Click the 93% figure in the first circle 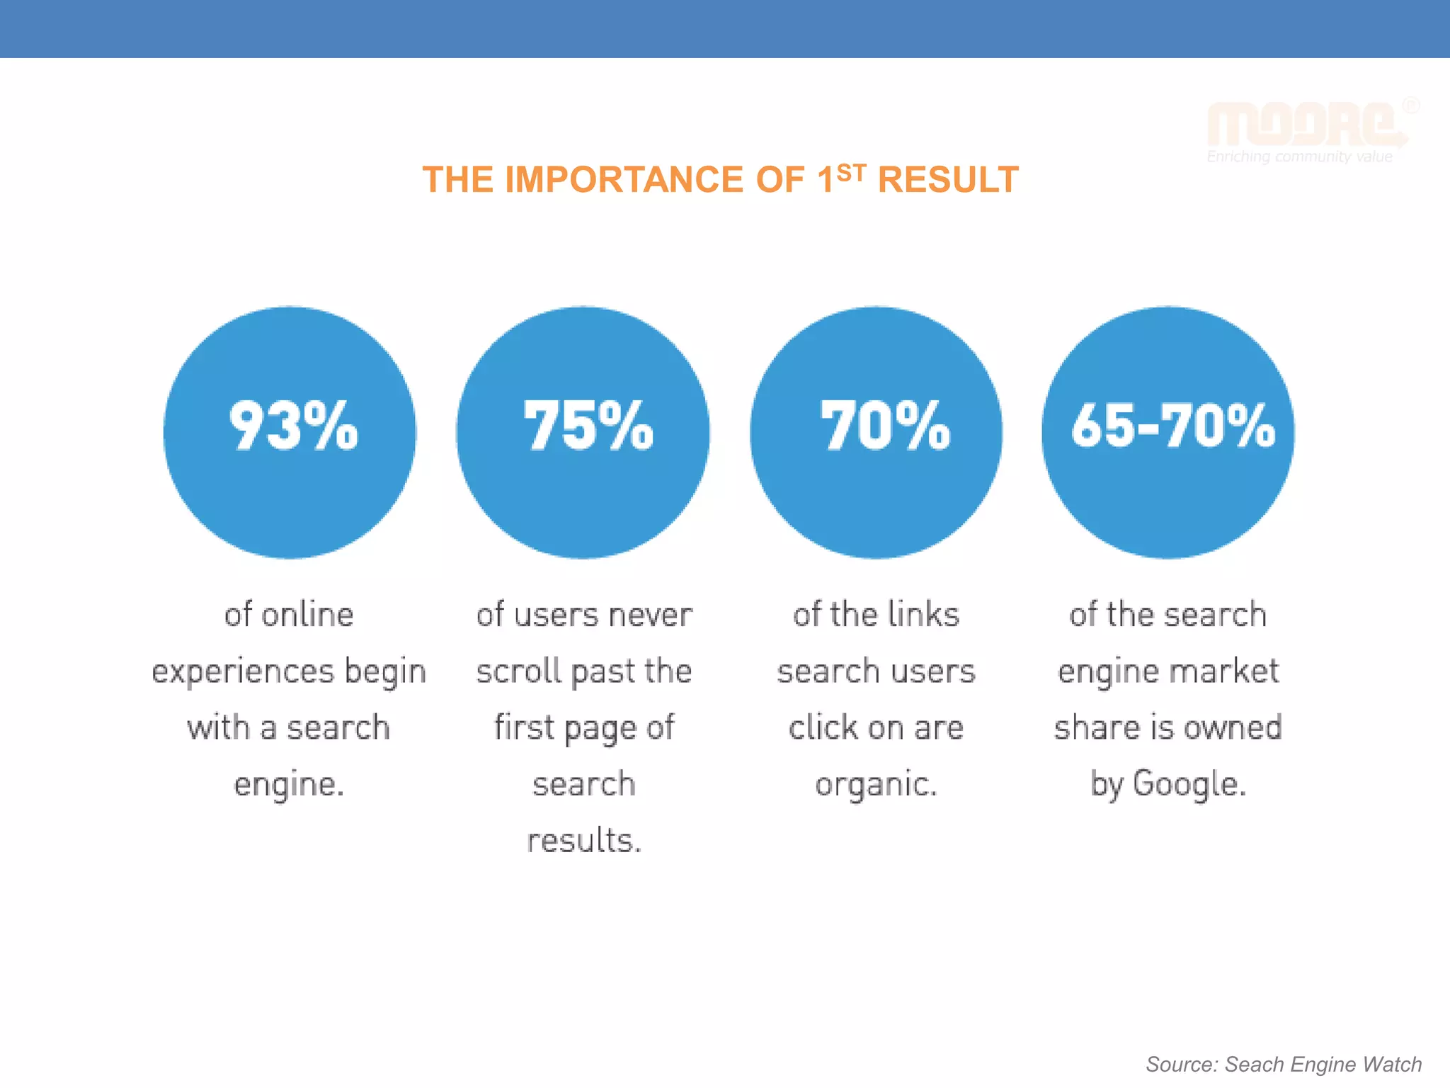click(x=293, y=426)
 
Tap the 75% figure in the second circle click(x=588, y=426)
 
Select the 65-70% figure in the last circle click(x=1172, y=426)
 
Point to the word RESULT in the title click(x=948, y=180)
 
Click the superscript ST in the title click(x=851, y=173)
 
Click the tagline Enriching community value click(x=1299, y=157)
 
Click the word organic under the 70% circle click(x=875, y=784)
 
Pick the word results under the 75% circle click(x=583, y=841)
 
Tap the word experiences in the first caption click(x=243, y=671)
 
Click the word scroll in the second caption click(x=518, y=671)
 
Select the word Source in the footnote click(x=1180, y=1064)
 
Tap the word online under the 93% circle click(x=307, y=614)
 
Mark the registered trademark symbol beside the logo click(x=1410, y=106)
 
